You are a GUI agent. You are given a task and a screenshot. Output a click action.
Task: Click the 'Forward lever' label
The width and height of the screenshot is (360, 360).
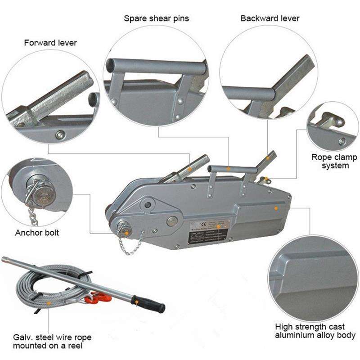(50, 43)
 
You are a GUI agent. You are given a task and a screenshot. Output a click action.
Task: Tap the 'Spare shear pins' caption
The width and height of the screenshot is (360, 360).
(156, 18)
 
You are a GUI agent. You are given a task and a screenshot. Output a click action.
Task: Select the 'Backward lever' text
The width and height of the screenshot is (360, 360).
(270, 18)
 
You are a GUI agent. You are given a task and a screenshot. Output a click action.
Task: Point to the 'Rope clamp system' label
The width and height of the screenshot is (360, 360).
(334, 162)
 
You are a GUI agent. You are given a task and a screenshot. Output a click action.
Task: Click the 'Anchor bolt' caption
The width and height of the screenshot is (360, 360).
(37, 233)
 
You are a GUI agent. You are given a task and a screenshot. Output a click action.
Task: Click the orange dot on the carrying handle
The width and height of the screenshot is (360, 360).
(229, 169)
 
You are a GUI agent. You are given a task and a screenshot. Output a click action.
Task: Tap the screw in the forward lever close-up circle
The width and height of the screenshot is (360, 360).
(59, 134)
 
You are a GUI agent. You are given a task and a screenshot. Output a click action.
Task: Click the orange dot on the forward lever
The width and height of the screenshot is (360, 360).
(190, 169)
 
